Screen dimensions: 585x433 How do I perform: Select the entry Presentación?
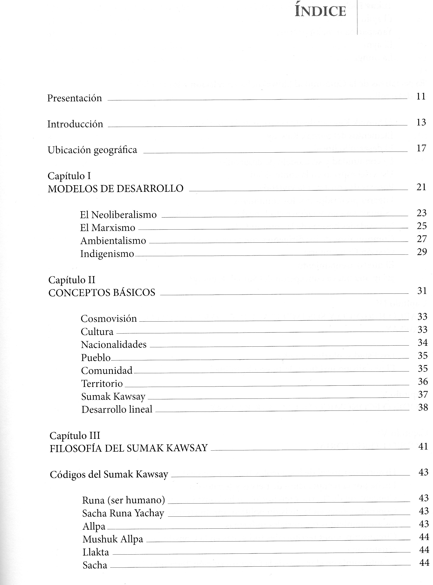[x=75, y=98]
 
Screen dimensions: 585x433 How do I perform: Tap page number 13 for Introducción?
[x=421, y=122]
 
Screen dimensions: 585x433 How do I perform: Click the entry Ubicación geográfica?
[x=92, y=150]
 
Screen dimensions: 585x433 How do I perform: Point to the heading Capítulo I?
[x=69, y=176]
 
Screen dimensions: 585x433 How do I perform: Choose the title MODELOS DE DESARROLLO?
[x=115, y=189]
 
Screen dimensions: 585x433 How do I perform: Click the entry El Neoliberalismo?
[x=118, y=215]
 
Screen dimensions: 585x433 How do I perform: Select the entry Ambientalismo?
[x=113, y=241]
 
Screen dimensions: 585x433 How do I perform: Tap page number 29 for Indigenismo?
[x=422, y=252]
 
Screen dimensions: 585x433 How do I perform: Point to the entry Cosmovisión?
[x=109, y=319]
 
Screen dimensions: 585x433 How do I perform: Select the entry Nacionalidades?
[x=114, y=345]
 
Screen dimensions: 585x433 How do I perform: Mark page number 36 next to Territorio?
[x=423, y=381]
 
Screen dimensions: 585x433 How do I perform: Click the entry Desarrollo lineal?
[x=117, y=409]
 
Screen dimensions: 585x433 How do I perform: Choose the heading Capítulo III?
[x=75, y=436]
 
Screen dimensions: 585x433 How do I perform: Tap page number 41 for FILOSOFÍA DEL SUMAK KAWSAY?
[x=423, y=447]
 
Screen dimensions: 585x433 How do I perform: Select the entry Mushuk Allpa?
[x=113, y=539]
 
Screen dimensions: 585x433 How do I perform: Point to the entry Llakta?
[x=96, y=552]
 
